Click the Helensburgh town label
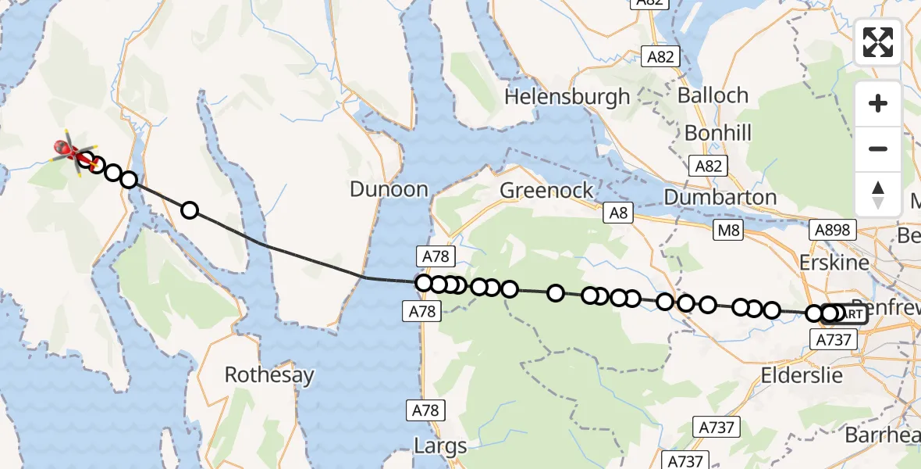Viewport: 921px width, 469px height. click(567, 97)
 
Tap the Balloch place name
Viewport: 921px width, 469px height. click(713, 96)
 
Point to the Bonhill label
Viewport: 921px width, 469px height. click(717, 133)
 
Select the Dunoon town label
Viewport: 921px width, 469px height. click(389, 189)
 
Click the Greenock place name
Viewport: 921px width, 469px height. click(546, 191)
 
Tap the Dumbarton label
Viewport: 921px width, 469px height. click(720, 197)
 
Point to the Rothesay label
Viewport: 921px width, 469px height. click(269, 375)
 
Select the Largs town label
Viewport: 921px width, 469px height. click(441, 446)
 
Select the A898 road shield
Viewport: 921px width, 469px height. click(834, 230)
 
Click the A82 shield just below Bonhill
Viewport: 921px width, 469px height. click(710, 165)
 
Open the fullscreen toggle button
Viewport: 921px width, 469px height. click(878, 42)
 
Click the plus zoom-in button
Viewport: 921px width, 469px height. click(878, 103)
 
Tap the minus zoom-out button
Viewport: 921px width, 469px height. click(878, 149)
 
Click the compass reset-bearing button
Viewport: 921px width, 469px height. click(878, 194)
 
